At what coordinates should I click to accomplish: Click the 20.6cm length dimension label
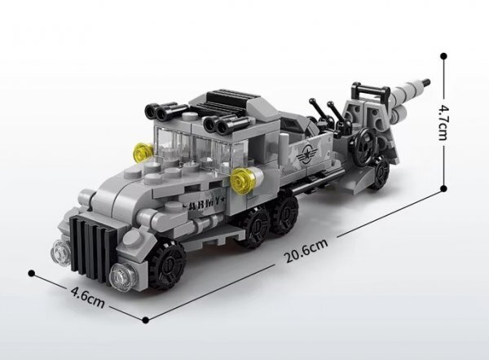tap(306, 251)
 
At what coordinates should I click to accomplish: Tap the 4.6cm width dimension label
tap(88, 297)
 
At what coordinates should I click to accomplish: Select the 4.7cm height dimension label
tap(443, 122)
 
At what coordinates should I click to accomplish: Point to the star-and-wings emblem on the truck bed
tap(306, 153)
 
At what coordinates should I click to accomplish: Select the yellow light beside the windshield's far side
tap(144, 153)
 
